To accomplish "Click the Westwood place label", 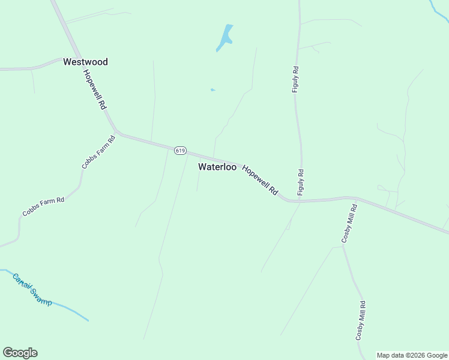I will click(x=85, y=62).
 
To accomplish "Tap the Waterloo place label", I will click(x=217, y=167).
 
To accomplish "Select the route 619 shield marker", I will click(x=180, y=150).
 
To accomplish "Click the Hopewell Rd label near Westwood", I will click(x=95, y=89).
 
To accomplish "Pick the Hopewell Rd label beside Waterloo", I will click(x=261, y=179).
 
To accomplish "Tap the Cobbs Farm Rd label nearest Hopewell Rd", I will click(x=98, y=152).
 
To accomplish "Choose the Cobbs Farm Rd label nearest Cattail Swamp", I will click(x=43, y=206).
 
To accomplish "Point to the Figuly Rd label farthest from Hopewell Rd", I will click(x=295, y=79).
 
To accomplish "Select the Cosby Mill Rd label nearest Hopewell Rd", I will click(x=349, y=223).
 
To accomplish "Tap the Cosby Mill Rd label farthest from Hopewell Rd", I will click(x=360, y=320).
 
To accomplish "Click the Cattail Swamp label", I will click(x=32, y=289).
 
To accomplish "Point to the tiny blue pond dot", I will click(x=212, y=90).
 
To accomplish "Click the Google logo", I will click(x=20, y=353).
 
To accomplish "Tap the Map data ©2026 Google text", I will click(x=412, y=355).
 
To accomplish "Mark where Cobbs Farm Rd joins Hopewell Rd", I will click(x=117, y=133).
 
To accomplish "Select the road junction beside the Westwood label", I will click(x=62, y=59).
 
